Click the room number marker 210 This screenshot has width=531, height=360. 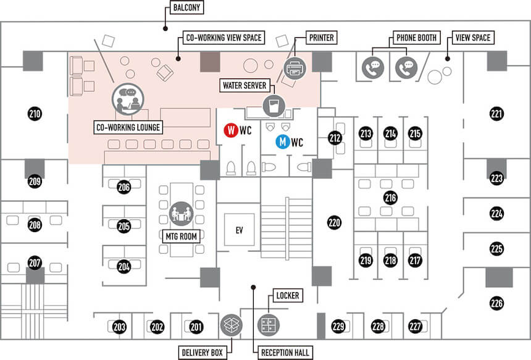pos(35,113)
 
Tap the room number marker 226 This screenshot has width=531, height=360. pos(497,303)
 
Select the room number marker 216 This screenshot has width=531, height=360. pos(390,198)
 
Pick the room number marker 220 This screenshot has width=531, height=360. pos(335,222)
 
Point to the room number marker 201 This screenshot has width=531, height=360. pos(196,327)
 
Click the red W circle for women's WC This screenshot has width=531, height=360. pos(230,131)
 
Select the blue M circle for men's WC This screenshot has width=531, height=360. pos(282,142)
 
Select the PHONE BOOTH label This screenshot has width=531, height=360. pos(416,38)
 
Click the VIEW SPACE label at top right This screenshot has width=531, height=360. pos(472,38)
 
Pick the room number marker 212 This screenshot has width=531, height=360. pos(335,138)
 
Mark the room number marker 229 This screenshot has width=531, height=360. pos(338,327)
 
